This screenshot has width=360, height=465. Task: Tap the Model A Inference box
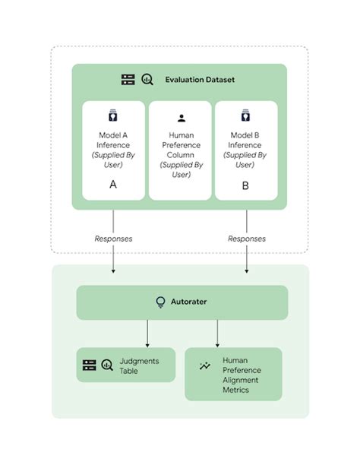tap(113, 150)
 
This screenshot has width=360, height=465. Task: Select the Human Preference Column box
tap(180, 150)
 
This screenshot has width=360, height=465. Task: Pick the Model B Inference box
tap(246, 150)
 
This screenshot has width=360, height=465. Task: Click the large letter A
tap(113, 184)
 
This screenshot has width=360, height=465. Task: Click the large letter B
tap(245, 184)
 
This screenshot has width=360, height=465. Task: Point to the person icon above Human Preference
tap(181, 118)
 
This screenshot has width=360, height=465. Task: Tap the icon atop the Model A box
tap(113, 116)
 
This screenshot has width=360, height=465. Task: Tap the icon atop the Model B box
tap(245, 116)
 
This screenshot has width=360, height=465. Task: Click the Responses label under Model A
tap(113, 239)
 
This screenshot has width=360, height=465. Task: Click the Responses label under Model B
tap(247, 239)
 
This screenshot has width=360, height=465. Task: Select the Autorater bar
tap(182, 302)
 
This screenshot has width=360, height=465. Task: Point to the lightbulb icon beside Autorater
tap(160, 302)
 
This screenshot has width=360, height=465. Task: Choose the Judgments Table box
tap(126, 365)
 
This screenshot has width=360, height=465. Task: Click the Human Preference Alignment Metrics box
tap(233, 375)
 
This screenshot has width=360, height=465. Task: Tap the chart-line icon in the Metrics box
tap(204, 366)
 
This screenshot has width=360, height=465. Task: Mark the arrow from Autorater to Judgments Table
tap(147, 334)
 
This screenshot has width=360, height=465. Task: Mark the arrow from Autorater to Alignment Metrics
tap(218, 334)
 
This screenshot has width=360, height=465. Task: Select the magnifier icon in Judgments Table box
tap(107, 365)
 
